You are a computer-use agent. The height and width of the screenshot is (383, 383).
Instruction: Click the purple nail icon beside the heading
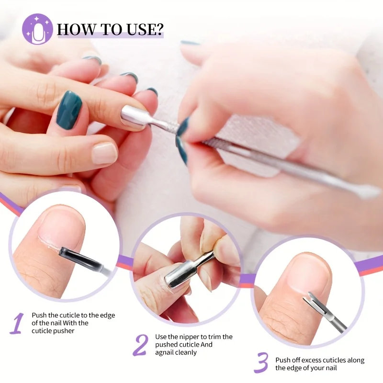[37, 29]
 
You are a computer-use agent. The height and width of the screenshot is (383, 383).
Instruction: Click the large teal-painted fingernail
[69, 110]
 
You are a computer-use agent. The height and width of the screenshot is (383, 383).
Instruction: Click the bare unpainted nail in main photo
[104, 154]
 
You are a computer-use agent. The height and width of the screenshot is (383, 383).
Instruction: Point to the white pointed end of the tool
[369, 192]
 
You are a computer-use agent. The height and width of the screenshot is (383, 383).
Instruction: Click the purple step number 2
[140, 345]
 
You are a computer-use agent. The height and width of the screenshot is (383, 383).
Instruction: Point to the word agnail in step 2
[166, 352]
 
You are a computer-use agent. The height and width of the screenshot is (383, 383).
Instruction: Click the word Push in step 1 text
[39, 315]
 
